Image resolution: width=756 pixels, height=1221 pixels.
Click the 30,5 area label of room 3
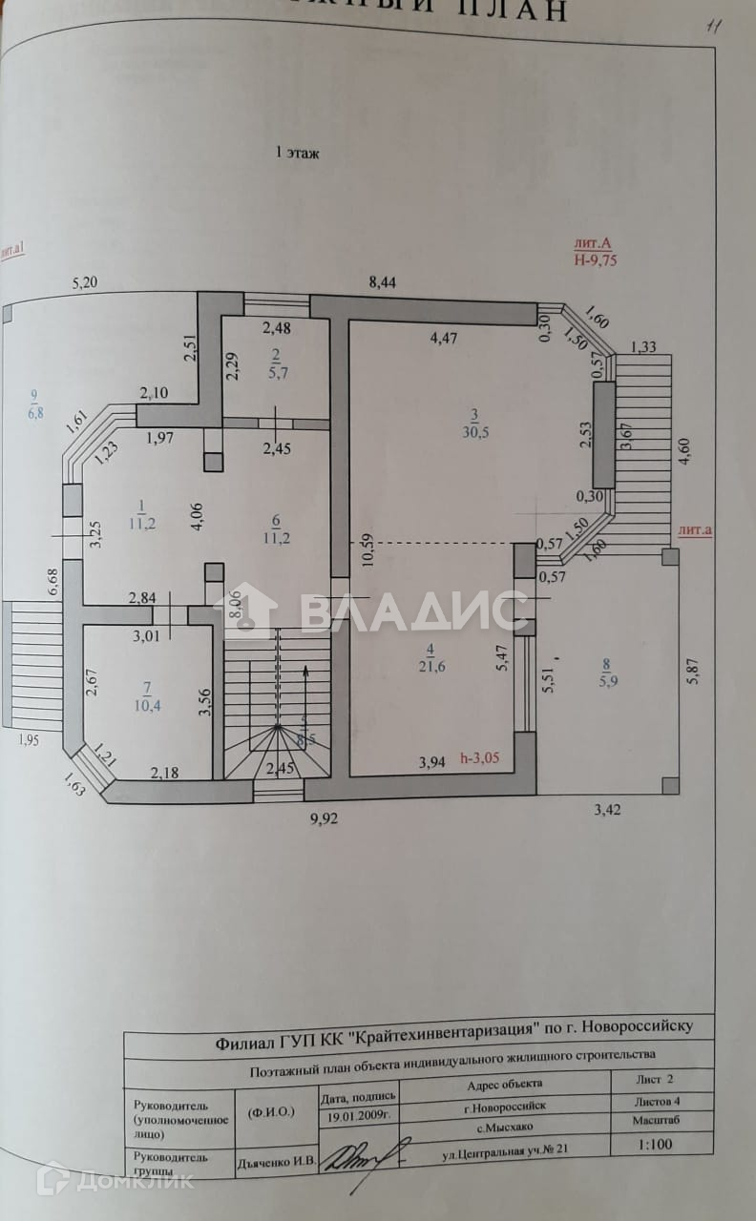[474, 431]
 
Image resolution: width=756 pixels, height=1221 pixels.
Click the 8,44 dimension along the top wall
[383, 281]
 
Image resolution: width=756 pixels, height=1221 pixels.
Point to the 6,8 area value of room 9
[35, 413]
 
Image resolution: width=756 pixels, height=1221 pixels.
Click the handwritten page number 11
[711, 27]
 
